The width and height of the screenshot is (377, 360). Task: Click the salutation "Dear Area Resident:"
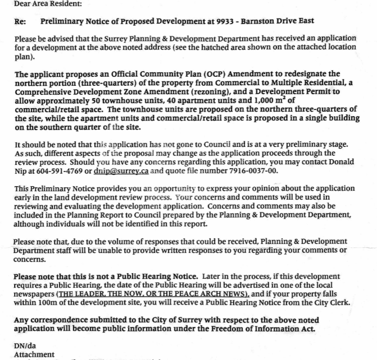40,4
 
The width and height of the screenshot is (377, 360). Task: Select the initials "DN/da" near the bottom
26,346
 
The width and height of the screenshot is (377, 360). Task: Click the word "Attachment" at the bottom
34,354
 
